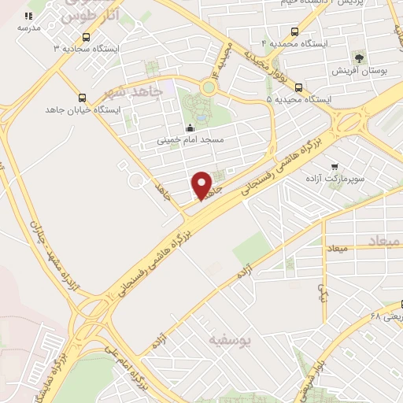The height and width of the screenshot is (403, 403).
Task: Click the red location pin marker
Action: [202, 186]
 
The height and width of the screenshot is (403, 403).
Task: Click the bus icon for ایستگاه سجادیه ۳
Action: [85, 36]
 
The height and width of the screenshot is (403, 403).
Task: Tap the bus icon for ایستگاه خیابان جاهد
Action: [83, 98]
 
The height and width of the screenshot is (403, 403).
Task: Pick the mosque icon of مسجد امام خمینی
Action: [189, 128]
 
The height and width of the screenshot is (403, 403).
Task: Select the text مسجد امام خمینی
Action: [190, 140]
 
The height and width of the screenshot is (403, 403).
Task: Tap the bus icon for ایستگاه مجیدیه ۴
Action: [294, 32]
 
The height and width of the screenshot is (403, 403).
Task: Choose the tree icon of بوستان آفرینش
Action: [360, 58]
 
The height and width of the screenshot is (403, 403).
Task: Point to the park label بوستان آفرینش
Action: [359, 72]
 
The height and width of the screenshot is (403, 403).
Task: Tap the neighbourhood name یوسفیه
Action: [228, 340]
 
